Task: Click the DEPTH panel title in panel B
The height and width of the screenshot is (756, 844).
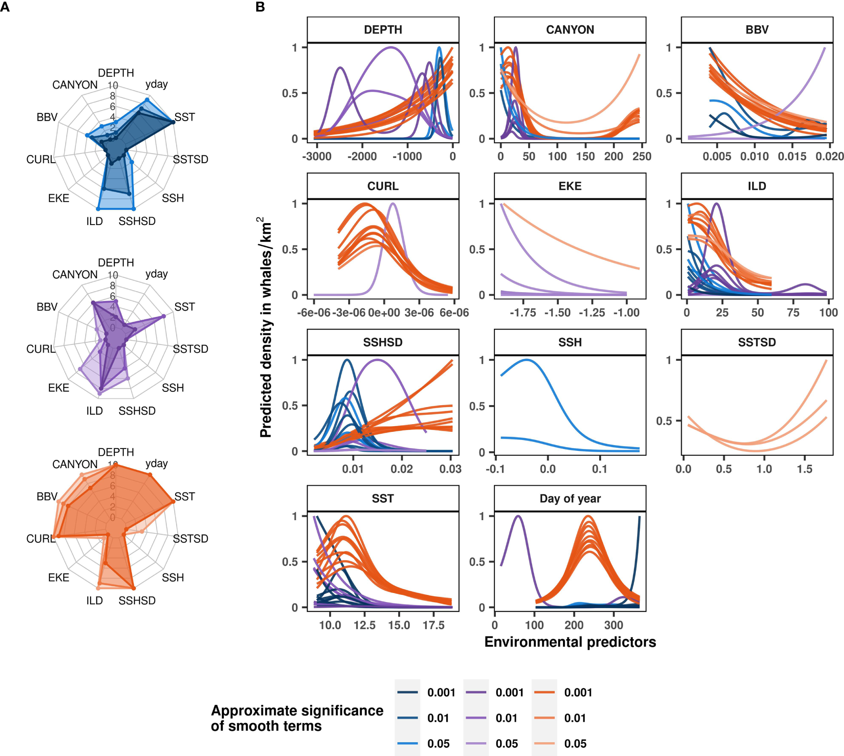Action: (x=383, y=30)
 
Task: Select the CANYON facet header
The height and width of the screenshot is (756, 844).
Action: (x=570, y=30)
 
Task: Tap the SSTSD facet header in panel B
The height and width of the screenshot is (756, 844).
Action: (x=757, y=342)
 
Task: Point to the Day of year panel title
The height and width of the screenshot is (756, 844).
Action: (x=570, y=499)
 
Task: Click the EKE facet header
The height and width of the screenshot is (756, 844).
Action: (x=570, y=186)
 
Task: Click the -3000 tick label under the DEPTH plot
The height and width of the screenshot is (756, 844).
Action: (x=317, y=156)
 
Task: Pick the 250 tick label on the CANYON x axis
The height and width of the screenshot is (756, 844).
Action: (x=642, y=156)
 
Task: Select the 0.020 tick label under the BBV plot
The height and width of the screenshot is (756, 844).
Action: (x=829, y=156)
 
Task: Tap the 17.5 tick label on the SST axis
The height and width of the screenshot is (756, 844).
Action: (x=433, y=625)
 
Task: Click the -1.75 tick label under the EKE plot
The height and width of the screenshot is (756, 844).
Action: (x=523, y=313)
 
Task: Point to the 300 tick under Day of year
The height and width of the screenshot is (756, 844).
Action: (x=613, y=625)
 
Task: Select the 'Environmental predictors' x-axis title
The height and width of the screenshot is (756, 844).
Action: (x=570, y=642)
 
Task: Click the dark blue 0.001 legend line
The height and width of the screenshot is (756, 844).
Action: (x=408, y=692)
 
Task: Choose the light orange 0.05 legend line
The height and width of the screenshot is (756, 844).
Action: (x=544, y=744)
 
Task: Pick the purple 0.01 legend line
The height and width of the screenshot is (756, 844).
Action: (x=476, y=718)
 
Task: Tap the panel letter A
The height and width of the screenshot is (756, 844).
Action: (x=5, y=7)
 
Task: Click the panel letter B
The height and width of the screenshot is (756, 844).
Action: (x=260, y=7)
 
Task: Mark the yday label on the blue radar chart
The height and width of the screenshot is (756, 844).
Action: (x=156, y=84)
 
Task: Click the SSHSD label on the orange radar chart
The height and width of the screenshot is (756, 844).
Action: (x=137, y=601)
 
